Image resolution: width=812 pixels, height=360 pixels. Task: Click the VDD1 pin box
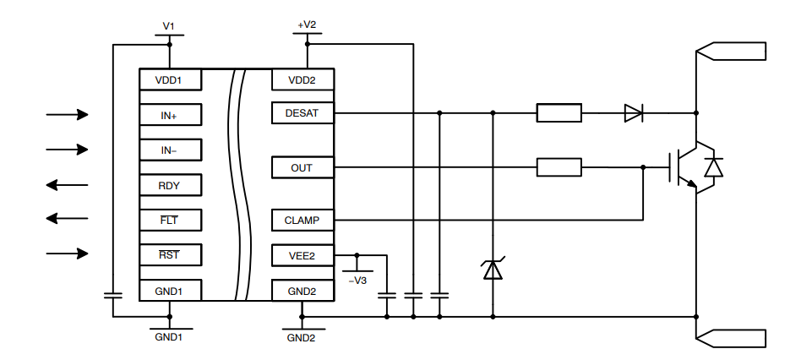[x=170, y=80]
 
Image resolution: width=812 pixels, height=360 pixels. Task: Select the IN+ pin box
[x=170, y=115]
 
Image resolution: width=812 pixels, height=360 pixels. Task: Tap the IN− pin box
[x=170, y=150]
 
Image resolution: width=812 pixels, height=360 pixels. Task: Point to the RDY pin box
[x=170, y=185]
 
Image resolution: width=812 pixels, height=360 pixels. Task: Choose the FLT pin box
[x=170, y=220]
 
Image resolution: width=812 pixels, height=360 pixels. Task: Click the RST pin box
[x=170, y=254]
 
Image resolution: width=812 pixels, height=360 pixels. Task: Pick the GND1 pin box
[x=170, y=291]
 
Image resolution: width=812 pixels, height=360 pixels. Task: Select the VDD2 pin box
[x=302, y=80]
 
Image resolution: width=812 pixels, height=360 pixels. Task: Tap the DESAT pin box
[x=302, y=112]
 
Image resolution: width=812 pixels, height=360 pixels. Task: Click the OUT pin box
[x=302, y=167]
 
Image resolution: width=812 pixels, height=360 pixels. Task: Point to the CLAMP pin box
[x=302, y=221]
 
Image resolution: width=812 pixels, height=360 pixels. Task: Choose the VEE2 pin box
[x=302, y=254]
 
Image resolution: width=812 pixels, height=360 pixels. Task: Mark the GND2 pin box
[x=302, y=291]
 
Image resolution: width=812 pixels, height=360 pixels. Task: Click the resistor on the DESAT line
[x=559, y=112]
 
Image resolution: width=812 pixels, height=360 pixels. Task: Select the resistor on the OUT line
[x=559, y=167]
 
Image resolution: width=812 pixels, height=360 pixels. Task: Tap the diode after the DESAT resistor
[x=633, y=112]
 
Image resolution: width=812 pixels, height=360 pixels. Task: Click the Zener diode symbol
[x=493, y=270]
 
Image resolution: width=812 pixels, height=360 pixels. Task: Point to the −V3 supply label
[x=358, y=280]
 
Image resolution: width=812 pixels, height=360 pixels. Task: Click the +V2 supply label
[x=307, y=25]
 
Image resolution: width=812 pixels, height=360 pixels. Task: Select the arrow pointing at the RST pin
[x=67, y=254]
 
